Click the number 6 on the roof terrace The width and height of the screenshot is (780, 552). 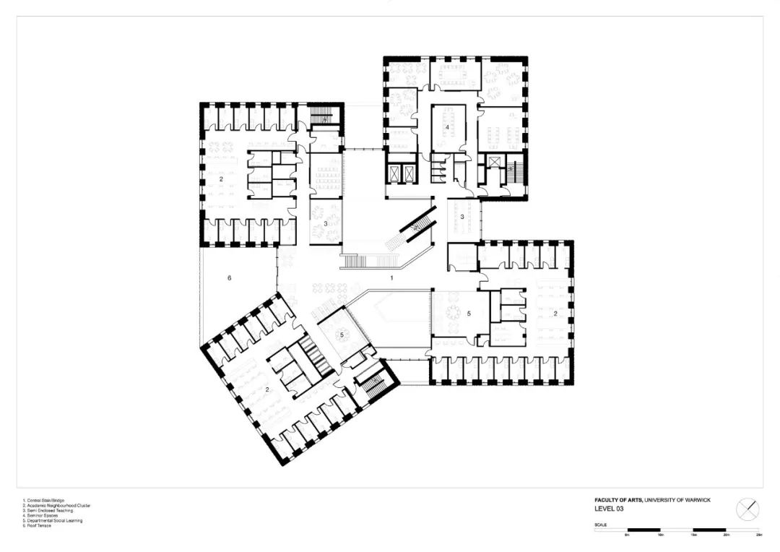(x=229, y=278)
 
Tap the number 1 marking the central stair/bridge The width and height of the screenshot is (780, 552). (x=391, y=277)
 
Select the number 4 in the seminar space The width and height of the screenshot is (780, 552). (x=448, y=128)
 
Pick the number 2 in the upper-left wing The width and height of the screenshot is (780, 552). (x=222, y=178)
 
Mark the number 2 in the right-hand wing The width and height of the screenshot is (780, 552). (x=555, y=313)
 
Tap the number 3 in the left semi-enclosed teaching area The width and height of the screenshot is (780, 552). (x=326, y=224)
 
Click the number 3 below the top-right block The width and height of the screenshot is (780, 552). (x=461, y=217)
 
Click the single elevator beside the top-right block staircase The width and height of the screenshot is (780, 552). (x=494, y=161)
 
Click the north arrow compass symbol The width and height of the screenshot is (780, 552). (x=747, y=509)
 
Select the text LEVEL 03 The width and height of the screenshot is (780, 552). (x=609, y=509)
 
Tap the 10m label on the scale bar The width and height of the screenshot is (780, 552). (x=659, y=535)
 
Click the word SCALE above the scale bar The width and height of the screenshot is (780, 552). (x=601, y=525)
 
